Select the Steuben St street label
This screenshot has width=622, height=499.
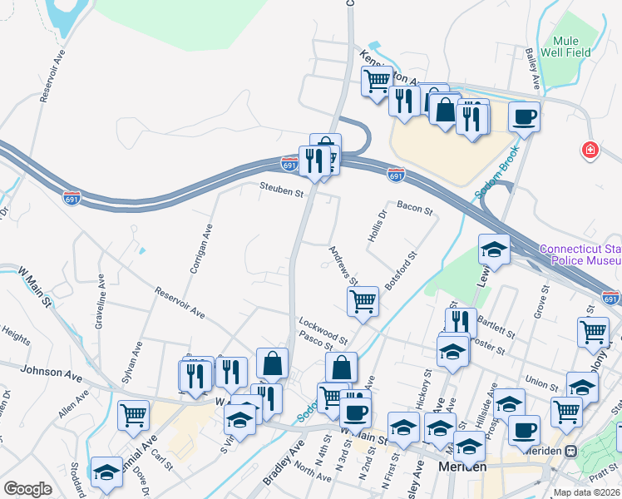(280, 191)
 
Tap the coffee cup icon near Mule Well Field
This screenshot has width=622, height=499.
(525, 117)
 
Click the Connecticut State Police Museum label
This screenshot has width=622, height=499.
(580, 255)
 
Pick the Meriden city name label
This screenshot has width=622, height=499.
(462, 468)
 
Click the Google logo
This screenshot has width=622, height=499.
(27, 489)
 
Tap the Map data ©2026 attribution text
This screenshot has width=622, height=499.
(587, 492)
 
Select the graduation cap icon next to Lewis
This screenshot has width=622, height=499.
(493, 249)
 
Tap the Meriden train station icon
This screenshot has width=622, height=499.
(571, 451)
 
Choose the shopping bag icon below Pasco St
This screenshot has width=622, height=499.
(341, 367)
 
